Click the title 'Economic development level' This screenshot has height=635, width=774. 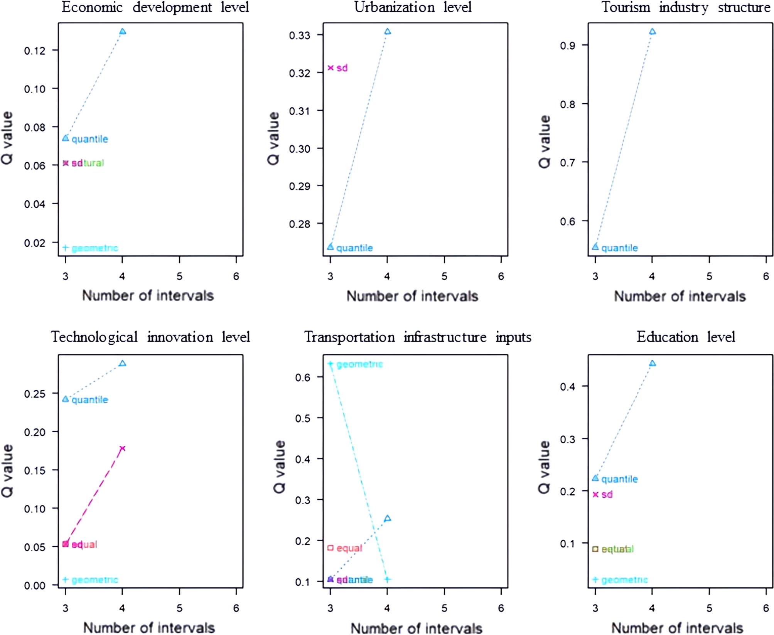[x=155, y=7]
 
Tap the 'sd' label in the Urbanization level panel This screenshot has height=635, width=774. [x=342, y=68]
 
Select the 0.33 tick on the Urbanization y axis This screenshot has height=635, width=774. [x=300, y=35]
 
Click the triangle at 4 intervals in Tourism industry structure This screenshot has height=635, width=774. [x=652, y=32]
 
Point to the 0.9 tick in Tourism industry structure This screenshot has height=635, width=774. [x=567, y=46]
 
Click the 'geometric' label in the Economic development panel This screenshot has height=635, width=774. [x=95, y=248]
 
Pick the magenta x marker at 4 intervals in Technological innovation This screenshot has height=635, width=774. [x=123, y=448]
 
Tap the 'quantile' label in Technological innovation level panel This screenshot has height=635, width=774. [x=90, y=400]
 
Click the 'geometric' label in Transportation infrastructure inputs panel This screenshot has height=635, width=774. [x=359, y=364]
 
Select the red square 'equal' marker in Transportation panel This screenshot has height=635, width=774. [x=331, y=547]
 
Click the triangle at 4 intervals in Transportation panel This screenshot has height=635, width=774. [x=388, y=518]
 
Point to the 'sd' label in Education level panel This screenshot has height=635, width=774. [x=607, y=494]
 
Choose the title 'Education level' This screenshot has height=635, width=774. [x=686, y=337]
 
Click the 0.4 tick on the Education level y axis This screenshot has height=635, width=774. [x=567, y=387]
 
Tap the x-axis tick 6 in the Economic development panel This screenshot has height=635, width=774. [x=236, y=276]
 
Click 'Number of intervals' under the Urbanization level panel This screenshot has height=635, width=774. [x=412, y=296]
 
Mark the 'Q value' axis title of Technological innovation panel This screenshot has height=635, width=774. [x=8, y=471]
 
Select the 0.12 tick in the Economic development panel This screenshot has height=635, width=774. [x=35, y=51]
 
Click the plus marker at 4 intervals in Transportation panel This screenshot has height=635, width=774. [x=388, y=579]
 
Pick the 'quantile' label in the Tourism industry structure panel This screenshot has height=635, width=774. [x=619, y=248]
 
